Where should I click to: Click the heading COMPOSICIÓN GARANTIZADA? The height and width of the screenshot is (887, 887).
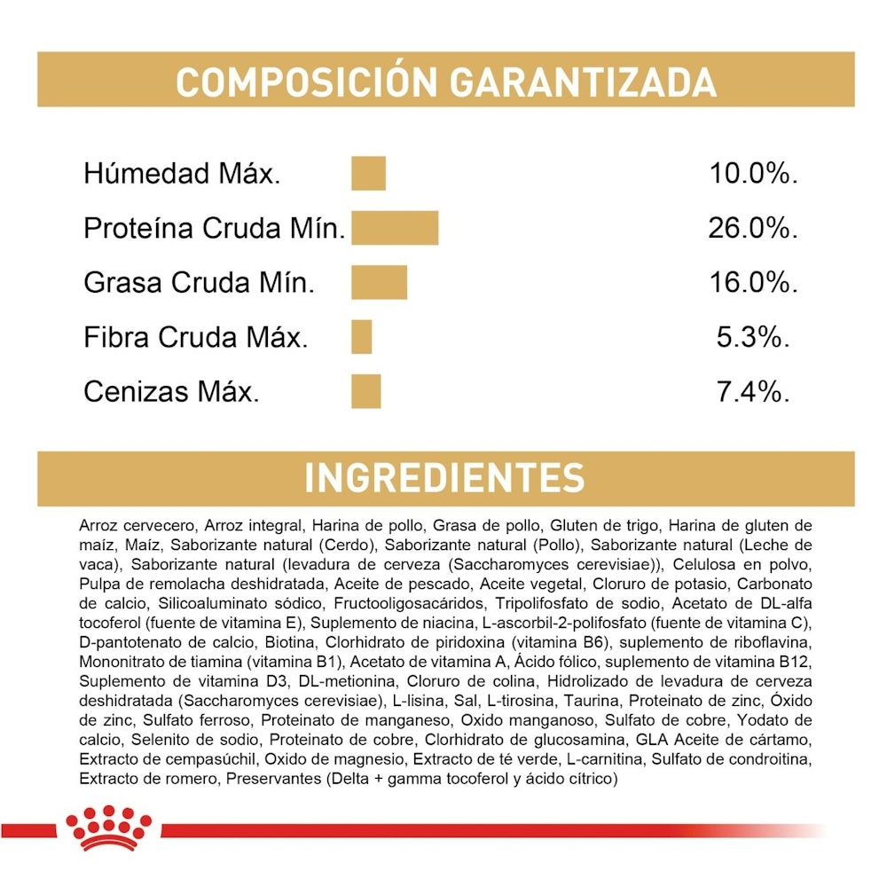point(445,82)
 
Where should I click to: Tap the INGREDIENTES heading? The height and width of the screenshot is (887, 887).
point(444,477)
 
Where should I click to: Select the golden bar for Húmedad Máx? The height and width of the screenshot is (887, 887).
point(368,173)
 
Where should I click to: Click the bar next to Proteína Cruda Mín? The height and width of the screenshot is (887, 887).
point(395,228)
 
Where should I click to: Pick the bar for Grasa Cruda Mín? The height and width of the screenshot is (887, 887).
point(379,283)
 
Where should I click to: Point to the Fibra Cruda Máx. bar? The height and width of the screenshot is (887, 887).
point(361,337)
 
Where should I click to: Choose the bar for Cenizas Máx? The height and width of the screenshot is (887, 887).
point(365,391)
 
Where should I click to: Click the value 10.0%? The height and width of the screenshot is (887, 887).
point(753,173)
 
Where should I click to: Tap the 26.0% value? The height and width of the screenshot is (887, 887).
point(753,228)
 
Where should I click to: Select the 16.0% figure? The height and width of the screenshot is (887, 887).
point(753,283)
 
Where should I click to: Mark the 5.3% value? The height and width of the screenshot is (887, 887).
point(753,337)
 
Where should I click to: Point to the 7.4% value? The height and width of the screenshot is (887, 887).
point(753,391)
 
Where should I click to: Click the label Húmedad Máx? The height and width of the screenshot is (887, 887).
point(182,173)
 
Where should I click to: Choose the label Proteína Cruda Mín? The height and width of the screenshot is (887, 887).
point(214,228)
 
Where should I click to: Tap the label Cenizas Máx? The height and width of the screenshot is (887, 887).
point(171,391)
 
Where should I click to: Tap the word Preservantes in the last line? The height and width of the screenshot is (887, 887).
point(273,779)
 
